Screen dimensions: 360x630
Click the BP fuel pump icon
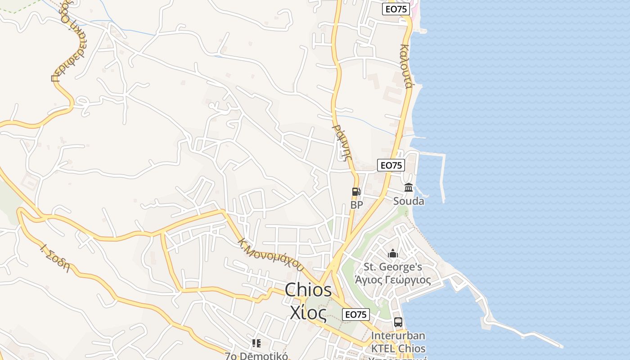[x=356, y=192]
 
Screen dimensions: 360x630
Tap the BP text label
[x=356, y=205]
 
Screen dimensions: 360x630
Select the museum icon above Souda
[x=409, y=187]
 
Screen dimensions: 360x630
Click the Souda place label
[x=409, y=201]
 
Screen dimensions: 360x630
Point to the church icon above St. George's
[x=393, y=254]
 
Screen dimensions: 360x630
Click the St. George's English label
[x=393, y=267]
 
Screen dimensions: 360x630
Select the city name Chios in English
[x=308, y=290]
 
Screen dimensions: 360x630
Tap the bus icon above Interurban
[x=398, y=322]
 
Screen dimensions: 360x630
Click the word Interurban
[x=398, y=336]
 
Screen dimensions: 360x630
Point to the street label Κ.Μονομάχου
[x=270, y=253]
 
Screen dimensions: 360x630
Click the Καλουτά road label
[x=405, y=66]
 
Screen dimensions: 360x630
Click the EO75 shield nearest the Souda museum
[x=391, y=165]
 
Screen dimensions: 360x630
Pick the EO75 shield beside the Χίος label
[x=356, y=315]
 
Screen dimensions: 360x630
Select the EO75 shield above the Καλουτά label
[x=396, y=9]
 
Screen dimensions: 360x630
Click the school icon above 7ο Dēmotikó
[x=256, y=344]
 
